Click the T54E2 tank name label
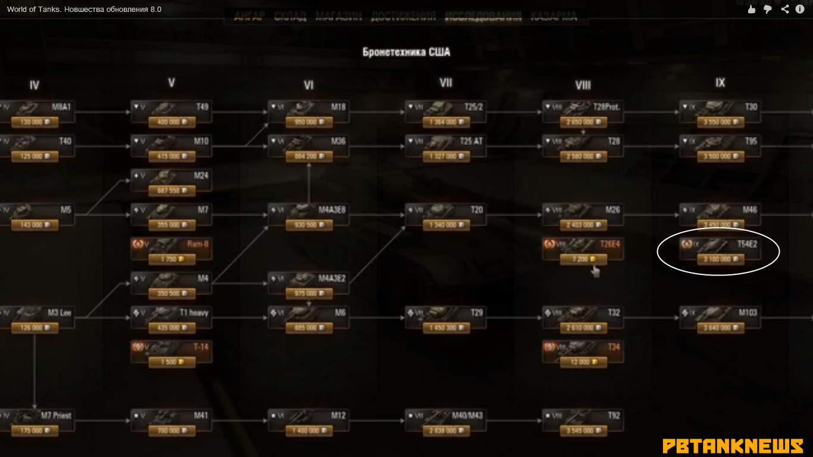[746, 245]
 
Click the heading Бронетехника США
[406, 52]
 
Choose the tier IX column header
[720, 83]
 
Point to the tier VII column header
[446, 83]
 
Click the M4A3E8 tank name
[332, 210]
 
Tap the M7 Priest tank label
[57, 415]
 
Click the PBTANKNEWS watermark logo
[733, 446]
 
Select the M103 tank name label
[748, 312]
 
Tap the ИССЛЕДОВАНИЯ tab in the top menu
[483, 17]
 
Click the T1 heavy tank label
[194, 312]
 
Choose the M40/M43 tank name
[467, 415]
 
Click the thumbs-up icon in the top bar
[752, 9]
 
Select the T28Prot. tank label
[606, 107]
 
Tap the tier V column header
[171, 83]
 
